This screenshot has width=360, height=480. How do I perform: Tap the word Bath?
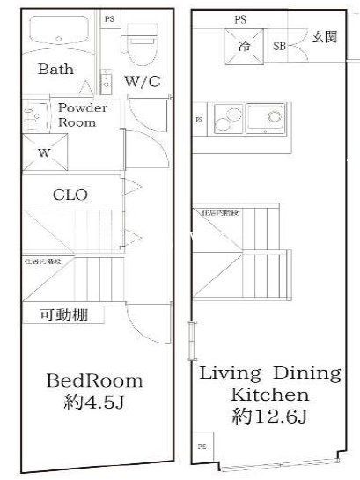pos(55,70)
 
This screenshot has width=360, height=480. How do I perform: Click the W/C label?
pos(141,82)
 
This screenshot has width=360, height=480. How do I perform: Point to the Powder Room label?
pos(83,115)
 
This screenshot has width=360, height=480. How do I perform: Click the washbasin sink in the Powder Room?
pos(37,115)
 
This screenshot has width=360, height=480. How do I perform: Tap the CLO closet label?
pos(70,195)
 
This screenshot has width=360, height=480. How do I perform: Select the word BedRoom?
pos(93,380)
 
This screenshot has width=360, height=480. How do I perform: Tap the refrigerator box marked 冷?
pos(244,46)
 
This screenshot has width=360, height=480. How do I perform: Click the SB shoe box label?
pos(279,46)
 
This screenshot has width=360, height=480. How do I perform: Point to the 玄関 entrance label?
pos(323,36)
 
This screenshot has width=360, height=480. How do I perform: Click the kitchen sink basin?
pos(268,117)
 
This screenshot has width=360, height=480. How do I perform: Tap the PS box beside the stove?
pos(198,119)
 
